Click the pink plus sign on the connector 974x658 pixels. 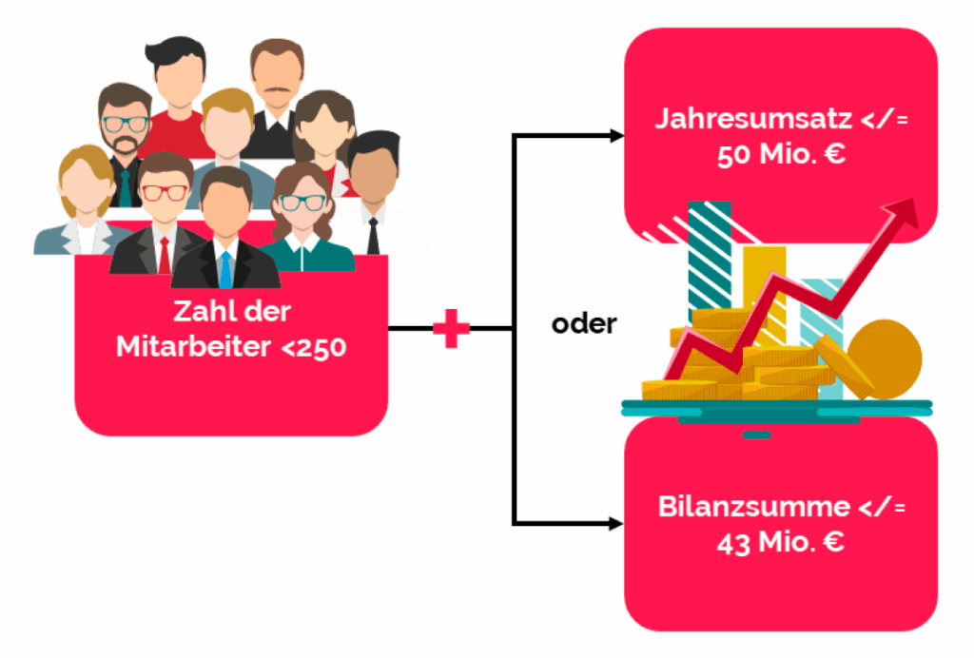click(451, 330)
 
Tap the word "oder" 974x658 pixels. click(584, 324)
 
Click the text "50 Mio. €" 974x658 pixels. click(781, 155)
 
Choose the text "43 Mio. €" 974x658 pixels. click(780, 543)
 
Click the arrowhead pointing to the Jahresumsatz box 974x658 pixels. click(617, 136)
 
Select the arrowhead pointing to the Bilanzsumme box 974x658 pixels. click(617, 523)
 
